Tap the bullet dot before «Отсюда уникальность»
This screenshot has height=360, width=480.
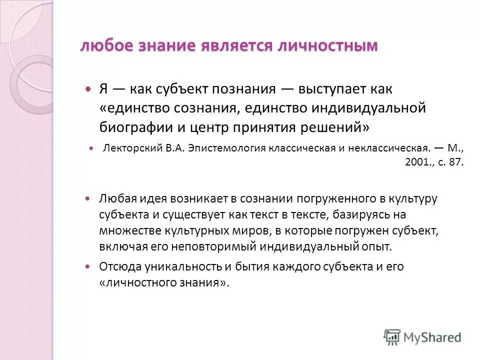click(x=89, y=267)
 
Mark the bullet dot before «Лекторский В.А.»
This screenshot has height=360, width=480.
click(x=91, y=149)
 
